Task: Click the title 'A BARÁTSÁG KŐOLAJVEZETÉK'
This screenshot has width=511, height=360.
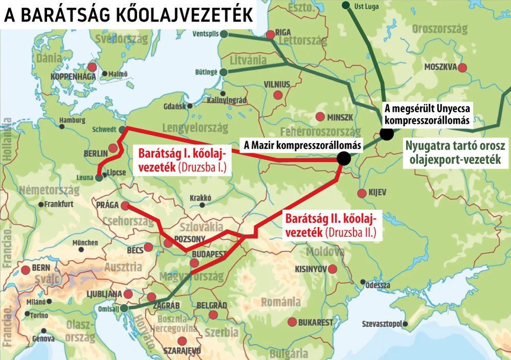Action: [x=128, y=15]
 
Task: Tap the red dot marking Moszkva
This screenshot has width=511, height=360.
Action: [x=462, y=67]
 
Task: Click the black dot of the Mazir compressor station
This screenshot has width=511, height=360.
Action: [x=344, y=159]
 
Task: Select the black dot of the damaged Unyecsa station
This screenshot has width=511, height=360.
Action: [x=387, y=134]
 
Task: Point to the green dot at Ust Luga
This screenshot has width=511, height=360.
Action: [x=346, y=5]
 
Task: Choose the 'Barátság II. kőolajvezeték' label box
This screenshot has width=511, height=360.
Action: [x=330, y=226]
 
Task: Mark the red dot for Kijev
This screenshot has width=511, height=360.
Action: [x=362, y=193]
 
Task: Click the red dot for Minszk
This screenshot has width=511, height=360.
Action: [x=320, y=116]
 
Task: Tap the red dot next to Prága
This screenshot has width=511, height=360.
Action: [x=125, y=205]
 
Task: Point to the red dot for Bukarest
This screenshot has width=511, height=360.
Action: [x=292, y=322]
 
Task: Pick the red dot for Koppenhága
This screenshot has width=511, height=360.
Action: [x=92, y=67]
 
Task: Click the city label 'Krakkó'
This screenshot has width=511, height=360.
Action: [x=200, y=197]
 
